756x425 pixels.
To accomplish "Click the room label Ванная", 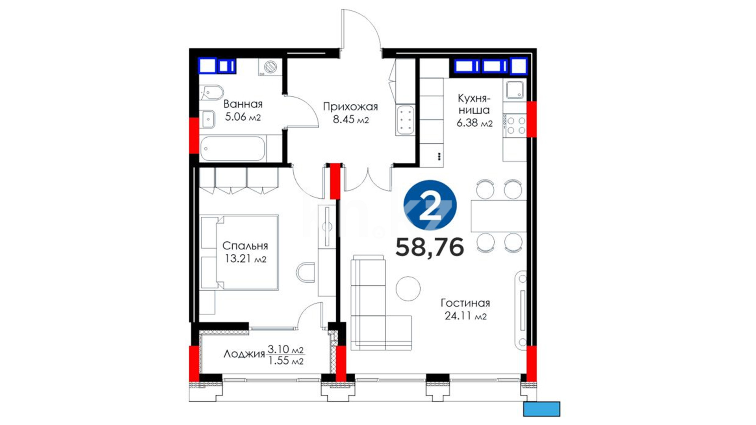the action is tap(243, 104).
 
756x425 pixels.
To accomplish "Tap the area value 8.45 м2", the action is tap(351, 119).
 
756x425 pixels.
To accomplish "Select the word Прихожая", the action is tap(350, 107).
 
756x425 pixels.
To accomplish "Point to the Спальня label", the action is tap(245, 246).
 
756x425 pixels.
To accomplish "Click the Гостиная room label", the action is tap(465, 303).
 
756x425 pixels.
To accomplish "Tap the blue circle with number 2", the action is tap(430, 205).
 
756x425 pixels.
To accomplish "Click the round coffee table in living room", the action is tap(408, 288).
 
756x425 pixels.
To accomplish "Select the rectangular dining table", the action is tap(498, 216).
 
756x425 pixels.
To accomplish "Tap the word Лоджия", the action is tap(244, 354).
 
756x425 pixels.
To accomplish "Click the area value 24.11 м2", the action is tap(465, 316).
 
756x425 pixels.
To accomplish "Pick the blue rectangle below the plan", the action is tap(541, 409).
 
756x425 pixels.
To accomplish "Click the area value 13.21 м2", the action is tap(245, 259).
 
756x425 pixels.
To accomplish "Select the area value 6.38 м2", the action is tap(474, 123).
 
